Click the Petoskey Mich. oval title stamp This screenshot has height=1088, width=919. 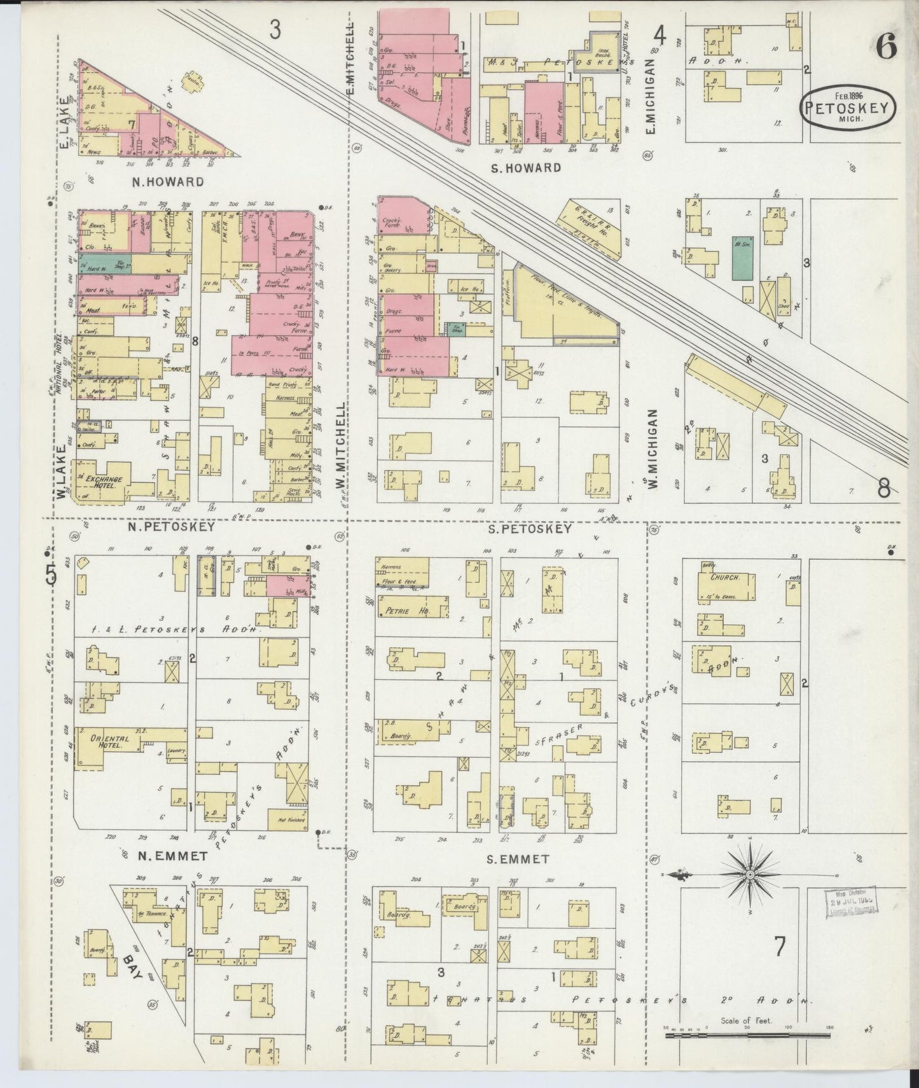[848, 109]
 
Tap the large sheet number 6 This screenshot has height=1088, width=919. [886, 46]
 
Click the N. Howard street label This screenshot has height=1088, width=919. [168, 182]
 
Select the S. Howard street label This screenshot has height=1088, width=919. [527, 168]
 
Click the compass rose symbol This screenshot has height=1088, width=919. [750, 875]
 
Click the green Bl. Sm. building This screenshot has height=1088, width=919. [740, 259]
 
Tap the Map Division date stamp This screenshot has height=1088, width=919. [851, 903]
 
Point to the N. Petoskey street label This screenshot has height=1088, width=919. [170, 527]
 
